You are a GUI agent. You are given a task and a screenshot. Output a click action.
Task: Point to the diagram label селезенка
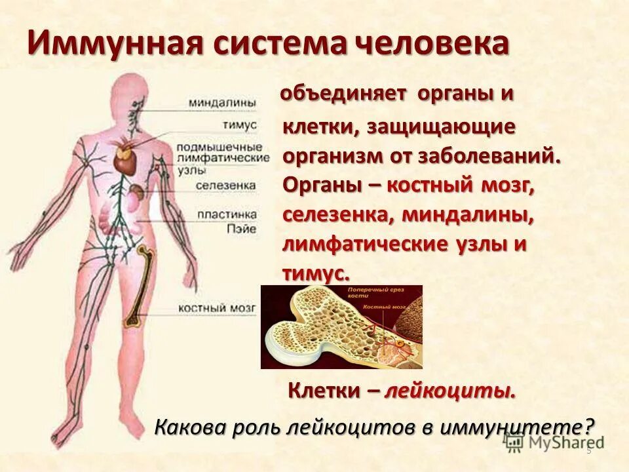click(225, 186)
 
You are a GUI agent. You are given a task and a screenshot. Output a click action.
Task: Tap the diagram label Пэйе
click(223, 226)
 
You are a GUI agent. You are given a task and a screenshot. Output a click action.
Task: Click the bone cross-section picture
click(341, 326)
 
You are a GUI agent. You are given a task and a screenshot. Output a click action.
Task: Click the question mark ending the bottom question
click(589, 427)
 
